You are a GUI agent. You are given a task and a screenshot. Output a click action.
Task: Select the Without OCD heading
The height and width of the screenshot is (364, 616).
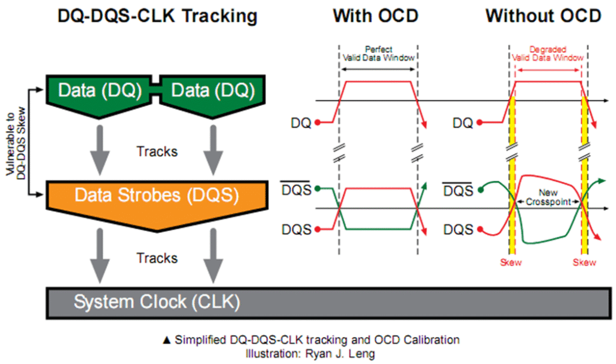point(543,16)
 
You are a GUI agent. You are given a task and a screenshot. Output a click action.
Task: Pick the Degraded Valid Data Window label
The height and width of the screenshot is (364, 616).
point(548,52)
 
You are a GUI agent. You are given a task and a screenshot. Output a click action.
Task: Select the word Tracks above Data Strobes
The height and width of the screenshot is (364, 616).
point(157,151)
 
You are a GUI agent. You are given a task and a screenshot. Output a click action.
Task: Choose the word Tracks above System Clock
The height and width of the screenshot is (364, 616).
point(157,258)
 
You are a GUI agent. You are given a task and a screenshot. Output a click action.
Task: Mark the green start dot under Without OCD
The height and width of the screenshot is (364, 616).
point(482,191)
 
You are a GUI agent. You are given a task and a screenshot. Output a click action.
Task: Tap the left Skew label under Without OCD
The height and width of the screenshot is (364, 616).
point(512,263)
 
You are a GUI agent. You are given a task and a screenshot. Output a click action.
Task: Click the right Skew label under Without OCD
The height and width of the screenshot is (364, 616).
point(584,263)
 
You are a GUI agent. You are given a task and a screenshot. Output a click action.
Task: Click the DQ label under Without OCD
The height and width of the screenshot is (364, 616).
point(463,124)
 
